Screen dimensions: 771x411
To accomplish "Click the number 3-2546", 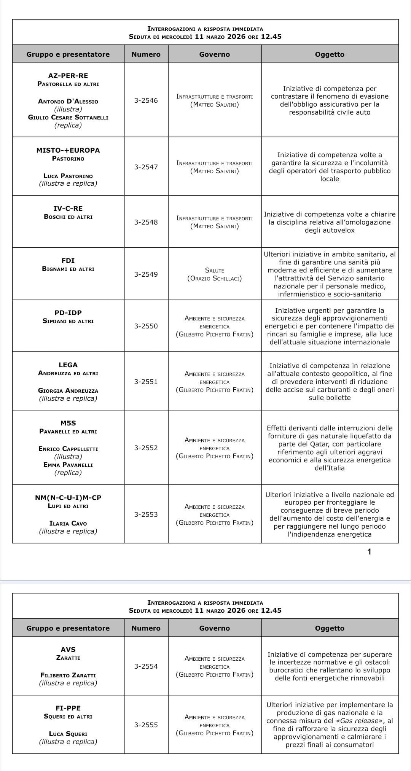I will tap(146, 100).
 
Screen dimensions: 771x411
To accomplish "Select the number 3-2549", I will tap(146, 274).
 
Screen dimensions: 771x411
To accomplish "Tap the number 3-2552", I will tap(146, 448).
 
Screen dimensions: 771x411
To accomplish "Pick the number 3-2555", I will tap(146, 725).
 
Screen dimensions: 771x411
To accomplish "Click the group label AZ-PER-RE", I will tap(68, 76).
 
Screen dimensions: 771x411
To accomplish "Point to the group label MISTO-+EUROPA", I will tap(68, 150).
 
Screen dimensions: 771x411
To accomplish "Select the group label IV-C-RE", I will tap(68, 209).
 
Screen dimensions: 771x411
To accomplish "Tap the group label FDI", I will tap(68, 261).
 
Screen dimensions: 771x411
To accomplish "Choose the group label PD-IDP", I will tap(68, 313).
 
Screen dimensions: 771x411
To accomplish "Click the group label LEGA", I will tap(68, 365).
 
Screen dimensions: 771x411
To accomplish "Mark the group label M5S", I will tap(68, 423).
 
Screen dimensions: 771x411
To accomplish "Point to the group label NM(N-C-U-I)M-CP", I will tap(68, 498).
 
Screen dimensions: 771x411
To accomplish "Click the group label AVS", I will tap(68, 650).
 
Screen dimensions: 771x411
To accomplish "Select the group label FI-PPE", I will tap(68, 708).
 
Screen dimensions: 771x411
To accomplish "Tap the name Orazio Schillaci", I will tap(215, 279).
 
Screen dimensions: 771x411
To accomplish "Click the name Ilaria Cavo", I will tap(68, 523).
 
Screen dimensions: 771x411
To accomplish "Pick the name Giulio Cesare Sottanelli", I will tap(68, 117).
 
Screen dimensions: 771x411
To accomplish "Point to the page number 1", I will tap(369, 551).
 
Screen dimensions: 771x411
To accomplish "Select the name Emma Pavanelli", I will tap(68, 465).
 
